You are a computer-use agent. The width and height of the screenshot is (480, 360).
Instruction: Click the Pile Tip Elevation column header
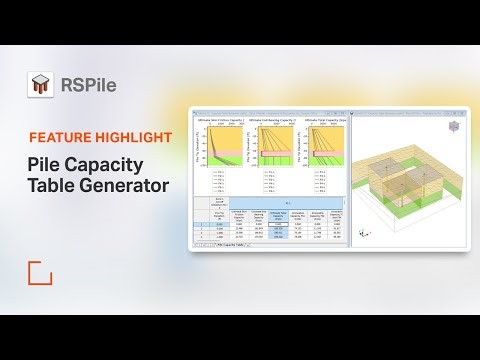pyautogui.click(x=220, y=214)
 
